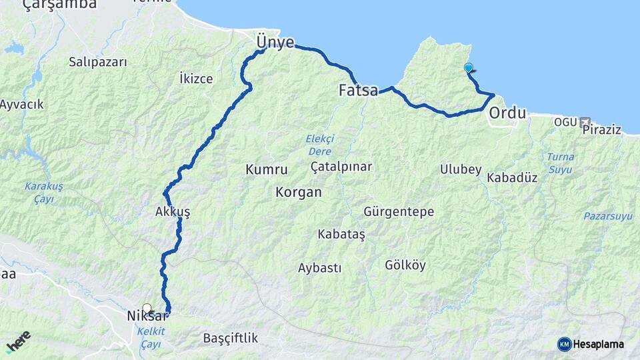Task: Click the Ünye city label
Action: click(x=275, y=43)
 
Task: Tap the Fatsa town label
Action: click(x=358, y=90)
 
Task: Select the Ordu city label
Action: click(x=507, y=113)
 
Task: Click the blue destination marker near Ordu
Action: click(x=469, y=68)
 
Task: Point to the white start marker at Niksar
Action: click(x=147, y=309)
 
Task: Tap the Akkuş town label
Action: click(x=172, y=212)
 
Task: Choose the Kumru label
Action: click(x=266, y=170)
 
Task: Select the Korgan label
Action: click(x=298, y=192)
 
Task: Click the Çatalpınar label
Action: click(x=341, y=166)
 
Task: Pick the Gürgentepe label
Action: click(x=399, y=212)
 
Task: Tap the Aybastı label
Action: click(x=319, y=268)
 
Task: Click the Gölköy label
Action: click(x=405, y=265)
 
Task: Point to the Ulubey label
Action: click(x=460, y=169)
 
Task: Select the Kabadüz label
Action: click(x=512, y=178)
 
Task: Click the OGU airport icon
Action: click(x=585, y=123)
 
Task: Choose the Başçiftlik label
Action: click(x=230, y=338)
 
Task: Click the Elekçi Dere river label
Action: click(x=319, y=144)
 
